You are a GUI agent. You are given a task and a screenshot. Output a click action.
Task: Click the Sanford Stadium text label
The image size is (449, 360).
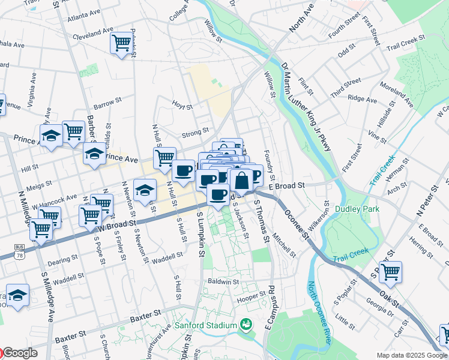[x=206, y=326]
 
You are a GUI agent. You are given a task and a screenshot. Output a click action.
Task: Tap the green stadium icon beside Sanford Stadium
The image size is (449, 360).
[x=246, y=326]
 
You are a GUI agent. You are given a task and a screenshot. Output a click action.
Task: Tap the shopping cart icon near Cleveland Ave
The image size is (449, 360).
[x=121, y=43]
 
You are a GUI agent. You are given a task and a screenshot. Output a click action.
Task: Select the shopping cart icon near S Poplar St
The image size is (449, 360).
[x=390, y=271]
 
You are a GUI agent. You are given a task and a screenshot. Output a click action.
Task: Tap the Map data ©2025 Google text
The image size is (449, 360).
[x=412, y=355]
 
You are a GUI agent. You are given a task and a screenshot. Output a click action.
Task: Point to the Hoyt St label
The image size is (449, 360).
[x=182, y=107]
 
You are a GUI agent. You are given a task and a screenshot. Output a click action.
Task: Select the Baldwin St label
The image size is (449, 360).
[x=223, y=281]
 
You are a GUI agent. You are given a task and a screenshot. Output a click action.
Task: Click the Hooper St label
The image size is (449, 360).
[x=251, y=295]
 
